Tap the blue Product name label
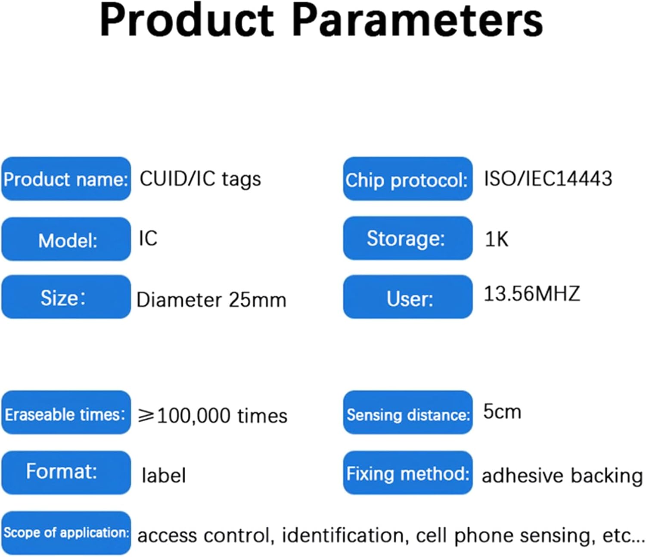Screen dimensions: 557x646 click(x=66, y=179)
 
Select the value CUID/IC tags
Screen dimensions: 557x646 click(x=200, y=179)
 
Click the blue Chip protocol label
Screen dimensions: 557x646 click(x=407, y=179)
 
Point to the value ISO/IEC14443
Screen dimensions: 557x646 click(x=548, y=178)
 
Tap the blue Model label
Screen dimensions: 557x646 click(x=66, y=239)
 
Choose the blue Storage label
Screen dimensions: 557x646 click(x=407, y=238)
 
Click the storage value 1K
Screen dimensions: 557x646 click(x=496, y=239)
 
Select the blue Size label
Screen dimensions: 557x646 click(x=66, y=297)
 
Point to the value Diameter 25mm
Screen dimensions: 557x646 click(x=211, y=300)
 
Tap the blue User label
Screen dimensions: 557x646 click(x=407, y=297)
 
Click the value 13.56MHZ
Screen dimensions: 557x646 click(x=532, y=294)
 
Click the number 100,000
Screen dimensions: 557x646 click(x=193, y=416)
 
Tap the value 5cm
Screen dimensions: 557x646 click(x=502, y=412)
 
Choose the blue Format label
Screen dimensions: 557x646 click(x=66, y=473)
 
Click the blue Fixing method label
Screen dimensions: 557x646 click(x=407, y=473)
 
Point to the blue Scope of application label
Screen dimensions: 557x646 click(x=66, y=533)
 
